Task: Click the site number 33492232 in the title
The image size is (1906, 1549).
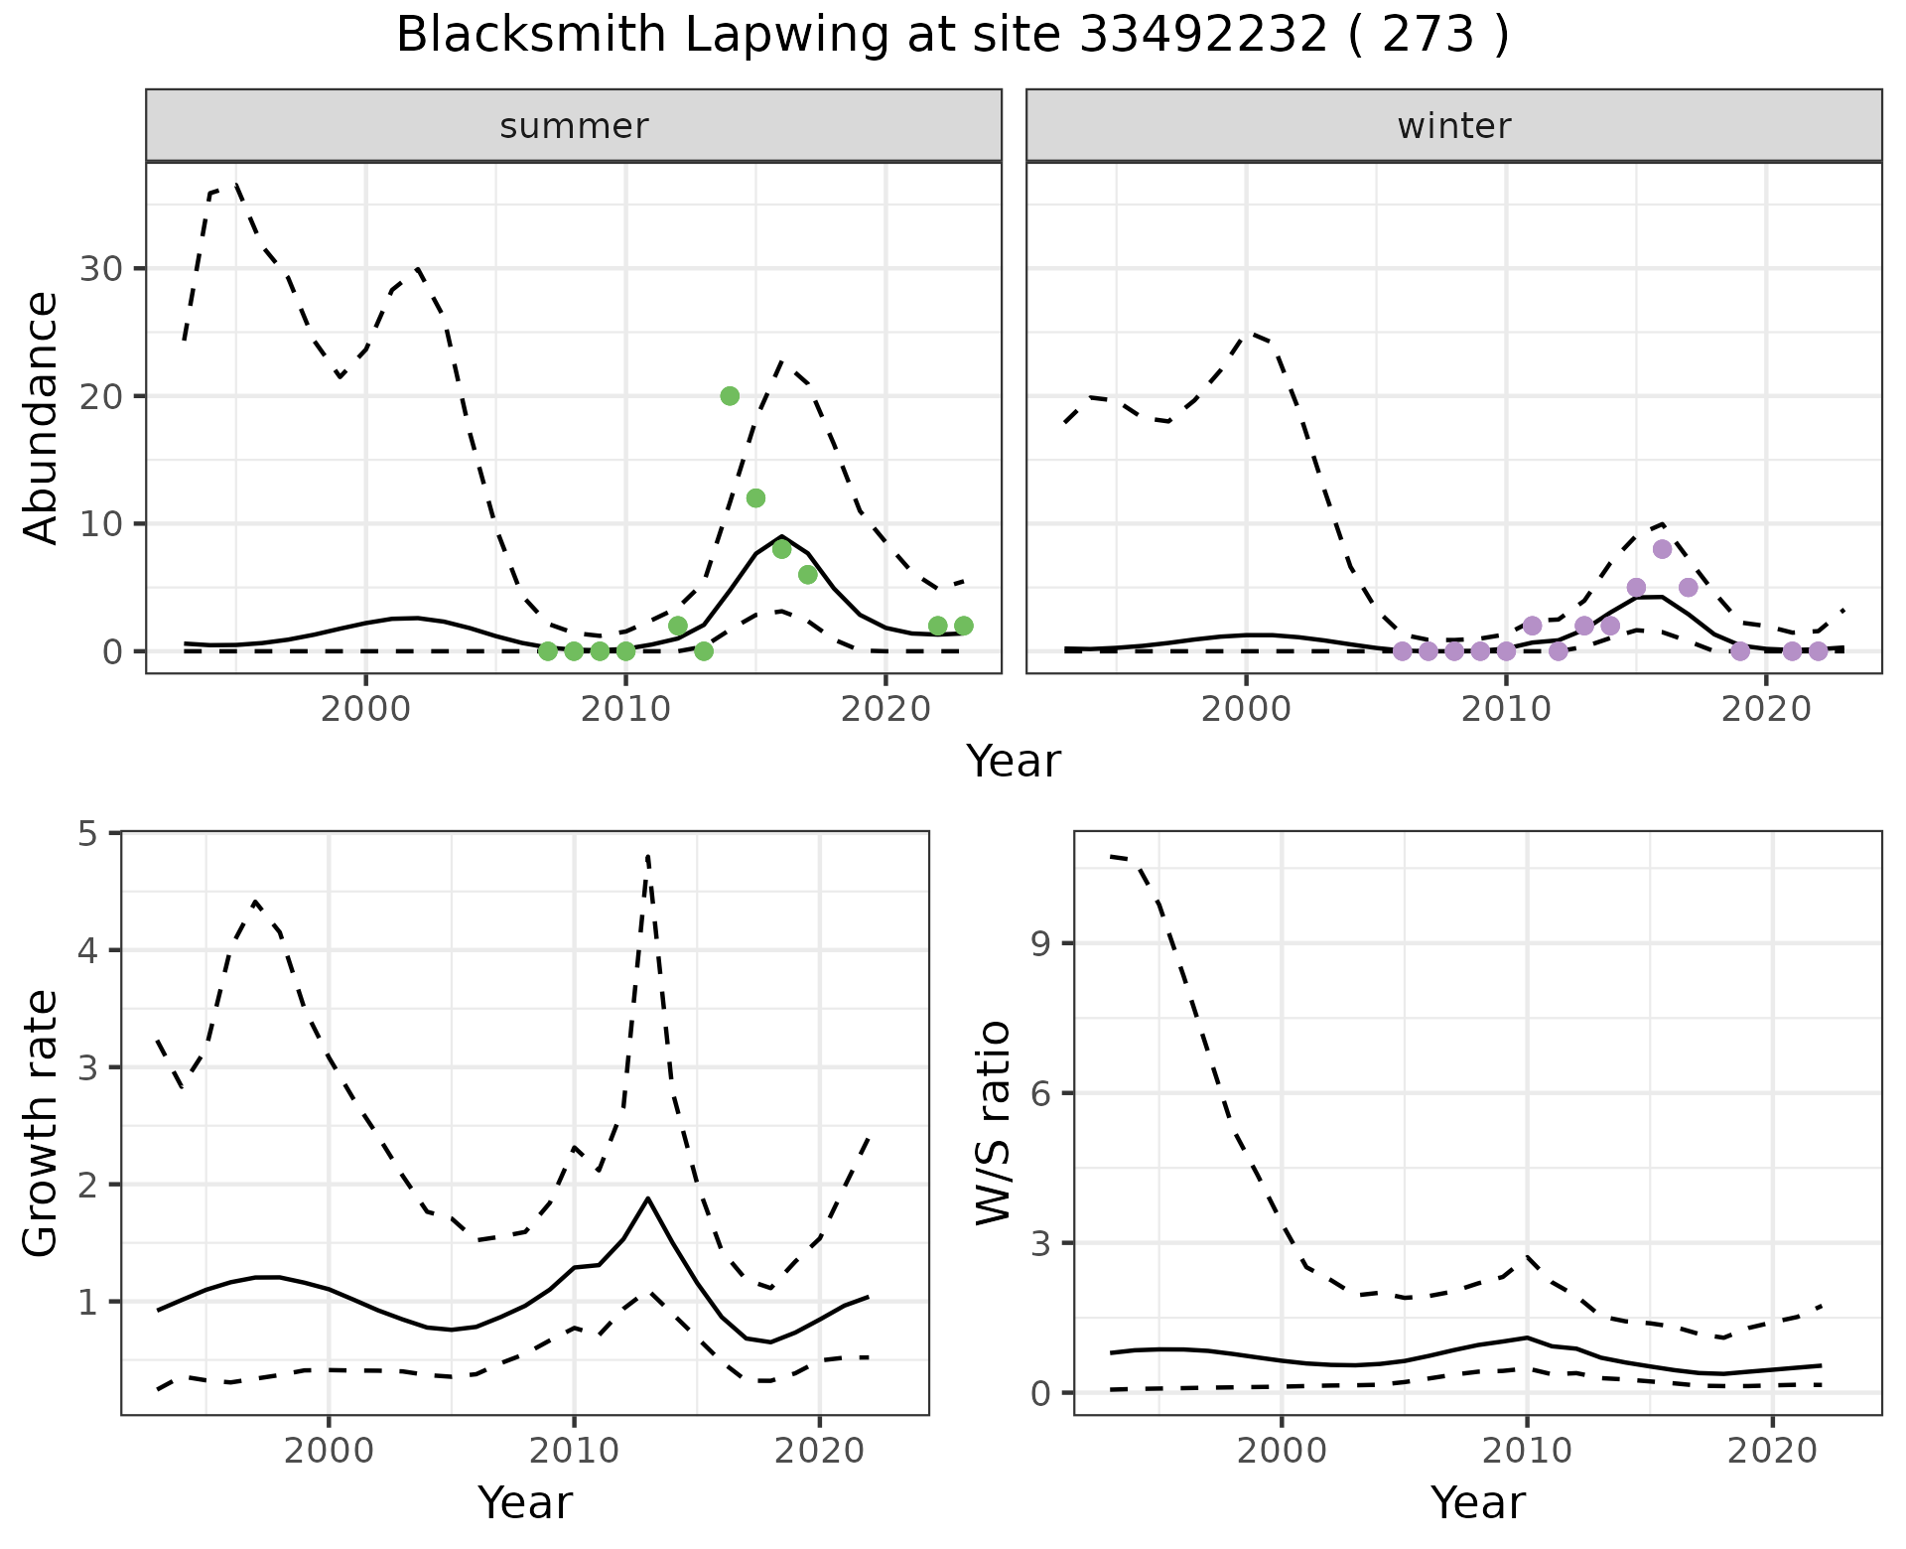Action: click(1202, 36)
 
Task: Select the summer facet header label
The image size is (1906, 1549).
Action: click(574, 126)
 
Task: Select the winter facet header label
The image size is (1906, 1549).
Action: click(1454, 126)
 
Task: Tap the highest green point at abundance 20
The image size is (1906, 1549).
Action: click(730, 396)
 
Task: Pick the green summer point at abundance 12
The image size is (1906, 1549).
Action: click(755, 498)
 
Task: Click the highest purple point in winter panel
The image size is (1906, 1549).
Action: click(1663, 549)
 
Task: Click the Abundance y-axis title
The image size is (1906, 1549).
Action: click(42, 417)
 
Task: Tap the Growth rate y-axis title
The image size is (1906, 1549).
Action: click(42, 1124)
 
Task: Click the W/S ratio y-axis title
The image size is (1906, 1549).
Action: click(994, 1124)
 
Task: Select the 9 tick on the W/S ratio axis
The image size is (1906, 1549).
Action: click(1041, 943)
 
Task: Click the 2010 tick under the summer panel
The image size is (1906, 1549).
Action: click(625, 709)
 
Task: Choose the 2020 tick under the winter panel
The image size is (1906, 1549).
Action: click(1766, 709)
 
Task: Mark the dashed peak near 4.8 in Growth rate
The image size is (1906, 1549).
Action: click(647, 856)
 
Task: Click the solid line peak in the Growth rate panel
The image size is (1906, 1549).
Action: click(648, 1198)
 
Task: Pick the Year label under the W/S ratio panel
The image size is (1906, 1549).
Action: click(1477, 1502)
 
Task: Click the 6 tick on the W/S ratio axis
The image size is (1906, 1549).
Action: click(1041, 1093)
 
